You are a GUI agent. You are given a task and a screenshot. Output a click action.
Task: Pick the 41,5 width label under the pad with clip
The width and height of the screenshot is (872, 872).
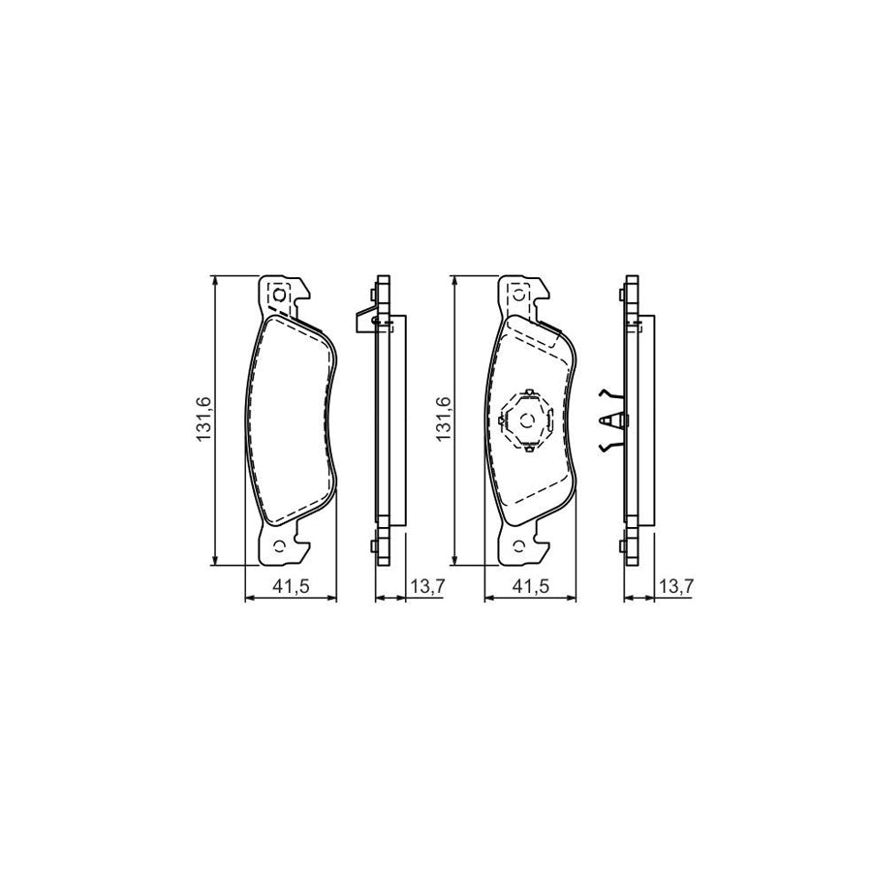[529, 585]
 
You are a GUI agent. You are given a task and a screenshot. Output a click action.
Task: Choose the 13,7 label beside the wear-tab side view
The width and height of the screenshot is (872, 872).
[426, 585]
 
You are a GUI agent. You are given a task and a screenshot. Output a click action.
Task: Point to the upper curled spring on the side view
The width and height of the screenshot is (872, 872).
[607, 392]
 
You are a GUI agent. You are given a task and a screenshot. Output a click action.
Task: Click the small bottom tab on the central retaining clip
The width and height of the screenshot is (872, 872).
[526, 449]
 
